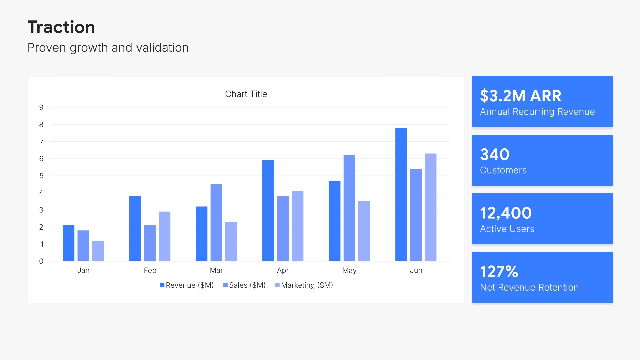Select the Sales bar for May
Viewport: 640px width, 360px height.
coord(349,208)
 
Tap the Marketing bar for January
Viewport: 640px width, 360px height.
coord(98,251)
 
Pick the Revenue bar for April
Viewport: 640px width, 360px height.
coord(268,211)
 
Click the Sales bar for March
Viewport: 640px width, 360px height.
coord(216,222)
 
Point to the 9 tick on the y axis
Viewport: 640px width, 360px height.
coord(41,107)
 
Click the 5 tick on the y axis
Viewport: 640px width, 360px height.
coord(41,176)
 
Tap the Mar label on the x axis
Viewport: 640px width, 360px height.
coord(216,270)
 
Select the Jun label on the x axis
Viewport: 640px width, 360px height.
coord(416,270)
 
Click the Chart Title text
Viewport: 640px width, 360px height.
coord(246,94)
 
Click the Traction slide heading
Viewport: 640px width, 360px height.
coord(61,27)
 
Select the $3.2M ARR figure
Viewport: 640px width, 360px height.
coord(521,96)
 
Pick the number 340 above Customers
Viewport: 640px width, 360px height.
coord(495,154)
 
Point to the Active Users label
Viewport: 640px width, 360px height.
coord(507,229)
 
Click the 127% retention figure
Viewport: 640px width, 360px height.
coord(499,272)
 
